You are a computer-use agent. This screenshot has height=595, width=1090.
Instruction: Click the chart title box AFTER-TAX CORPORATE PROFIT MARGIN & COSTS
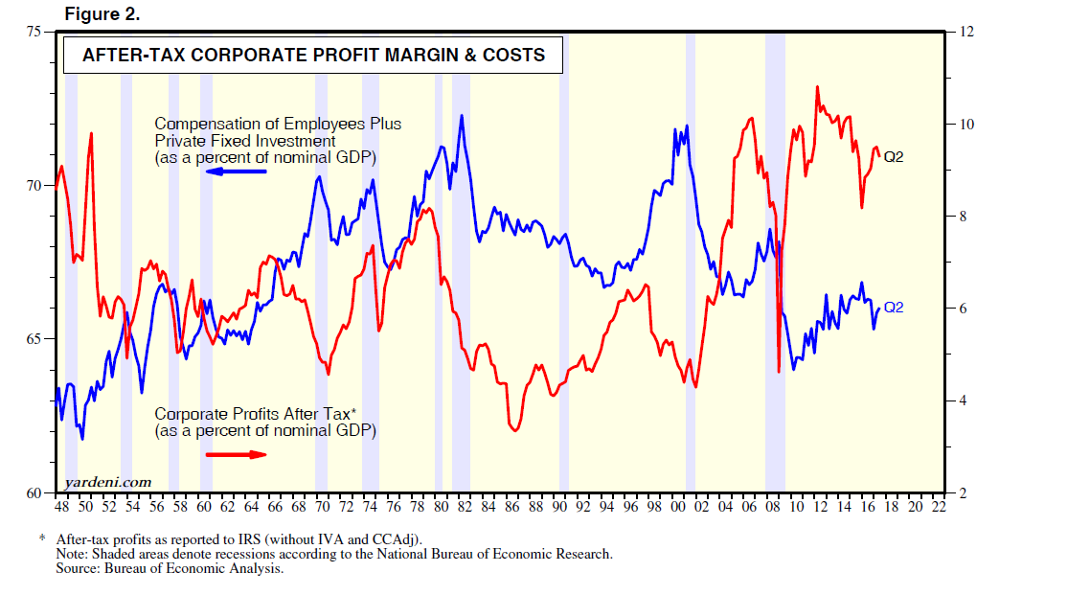(313, 56)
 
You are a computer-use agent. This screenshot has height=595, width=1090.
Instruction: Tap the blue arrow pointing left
(238, 172)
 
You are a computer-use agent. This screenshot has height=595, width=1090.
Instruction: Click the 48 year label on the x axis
(62, 507)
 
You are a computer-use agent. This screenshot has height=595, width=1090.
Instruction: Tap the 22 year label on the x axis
(938, 507)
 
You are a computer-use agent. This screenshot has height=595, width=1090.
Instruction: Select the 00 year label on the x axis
(677, 507)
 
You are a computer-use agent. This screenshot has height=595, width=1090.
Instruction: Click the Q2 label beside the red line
(894, 157)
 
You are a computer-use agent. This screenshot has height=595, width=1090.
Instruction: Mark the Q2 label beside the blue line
(894, 308)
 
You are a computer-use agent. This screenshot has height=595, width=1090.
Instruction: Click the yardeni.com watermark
(108, 481)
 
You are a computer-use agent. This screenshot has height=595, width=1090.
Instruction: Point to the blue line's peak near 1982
(462, 116)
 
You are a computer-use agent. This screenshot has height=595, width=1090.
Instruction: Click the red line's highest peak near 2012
(817, 87)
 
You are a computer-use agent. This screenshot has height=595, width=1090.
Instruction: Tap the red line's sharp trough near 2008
(779, 371)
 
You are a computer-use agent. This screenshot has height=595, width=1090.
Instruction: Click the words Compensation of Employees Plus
(278, 124)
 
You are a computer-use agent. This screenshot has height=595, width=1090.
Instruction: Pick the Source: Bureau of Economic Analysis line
(170, 569)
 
